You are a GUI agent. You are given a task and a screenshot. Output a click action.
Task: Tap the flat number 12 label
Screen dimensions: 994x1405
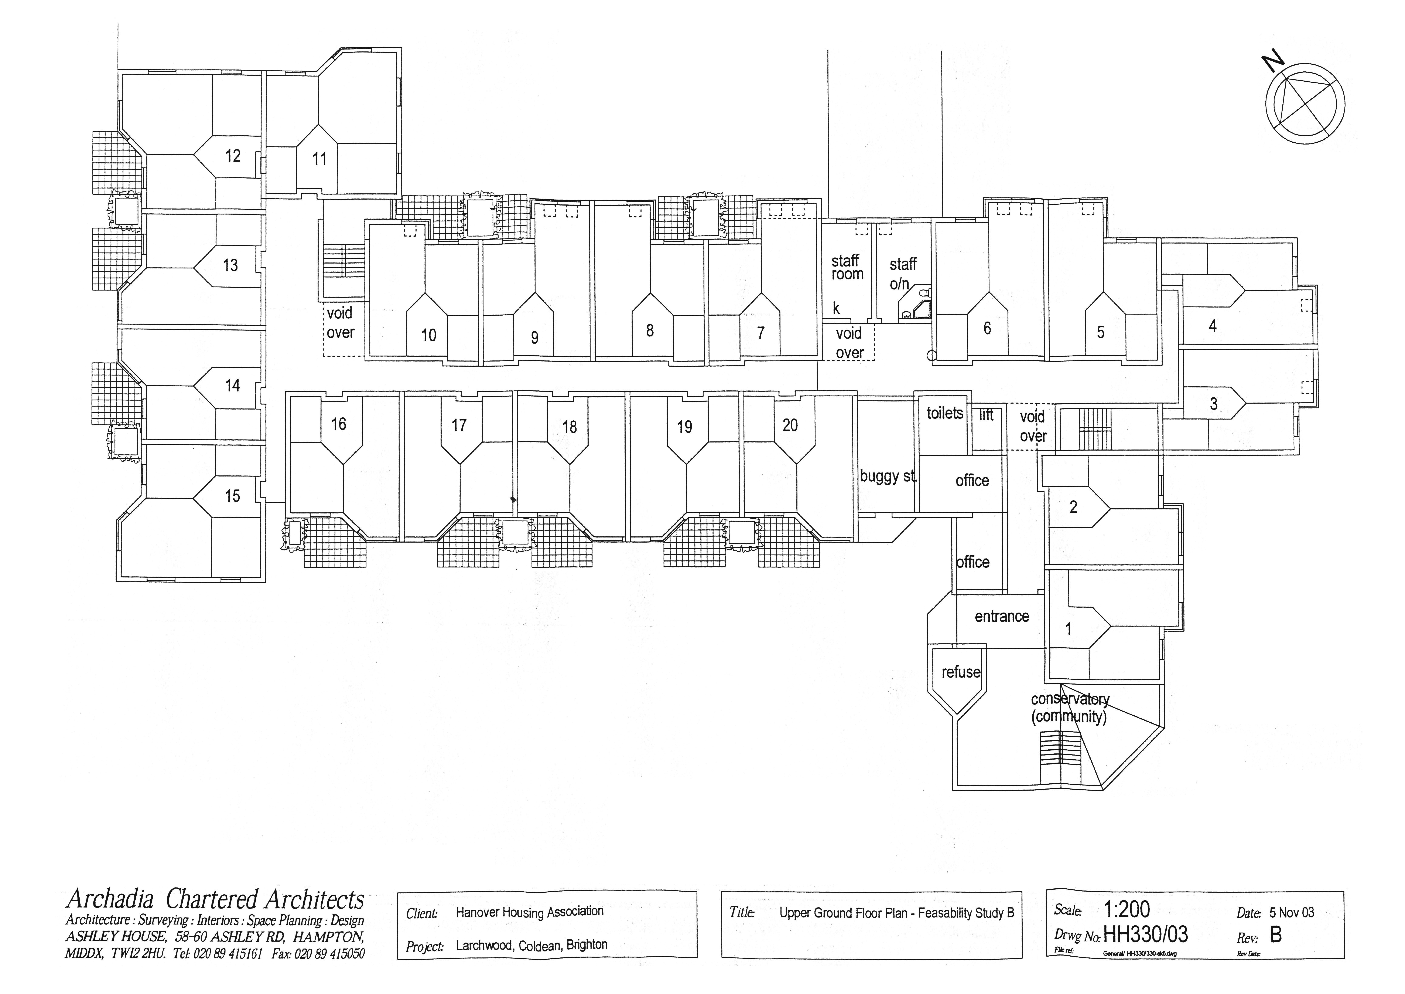(x=233, y=156)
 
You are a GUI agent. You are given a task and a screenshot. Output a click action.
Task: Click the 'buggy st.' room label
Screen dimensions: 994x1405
(x=887, y=476)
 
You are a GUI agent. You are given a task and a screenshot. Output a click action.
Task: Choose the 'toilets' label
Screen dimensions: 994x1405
(x=944, y=413)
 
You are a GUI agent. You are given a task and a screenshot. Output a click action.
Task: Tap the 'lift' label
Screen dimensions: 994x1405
(x=986, y=415)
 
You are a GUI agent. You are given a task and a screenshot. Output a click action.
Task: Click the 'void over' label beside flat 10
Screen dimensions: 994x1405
(x=340, y=323)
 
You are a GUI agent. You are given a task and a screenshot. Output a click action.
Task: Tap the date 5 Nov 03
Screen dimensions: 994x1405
(x=1291, y=913)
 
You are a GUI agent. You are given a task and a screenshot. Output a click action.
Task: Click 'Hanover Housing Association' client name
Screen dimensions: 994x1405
(x=529, y=912)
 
